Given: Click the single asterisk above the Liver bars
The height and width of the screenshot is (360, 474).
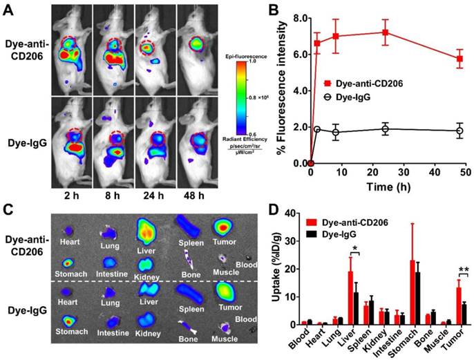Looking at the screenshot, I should [354, 249].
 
